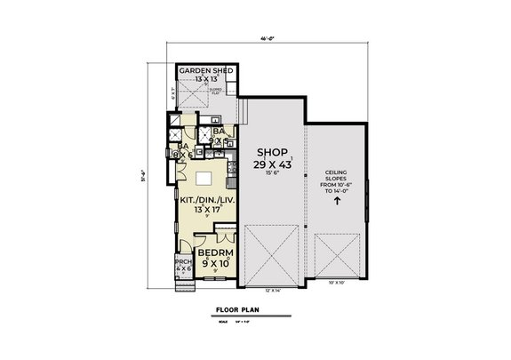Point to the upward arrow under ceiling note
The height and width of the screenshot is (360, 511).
coord(337,201)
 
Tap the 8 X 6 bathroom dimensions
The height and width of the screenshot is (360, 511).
coord(183,155)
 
